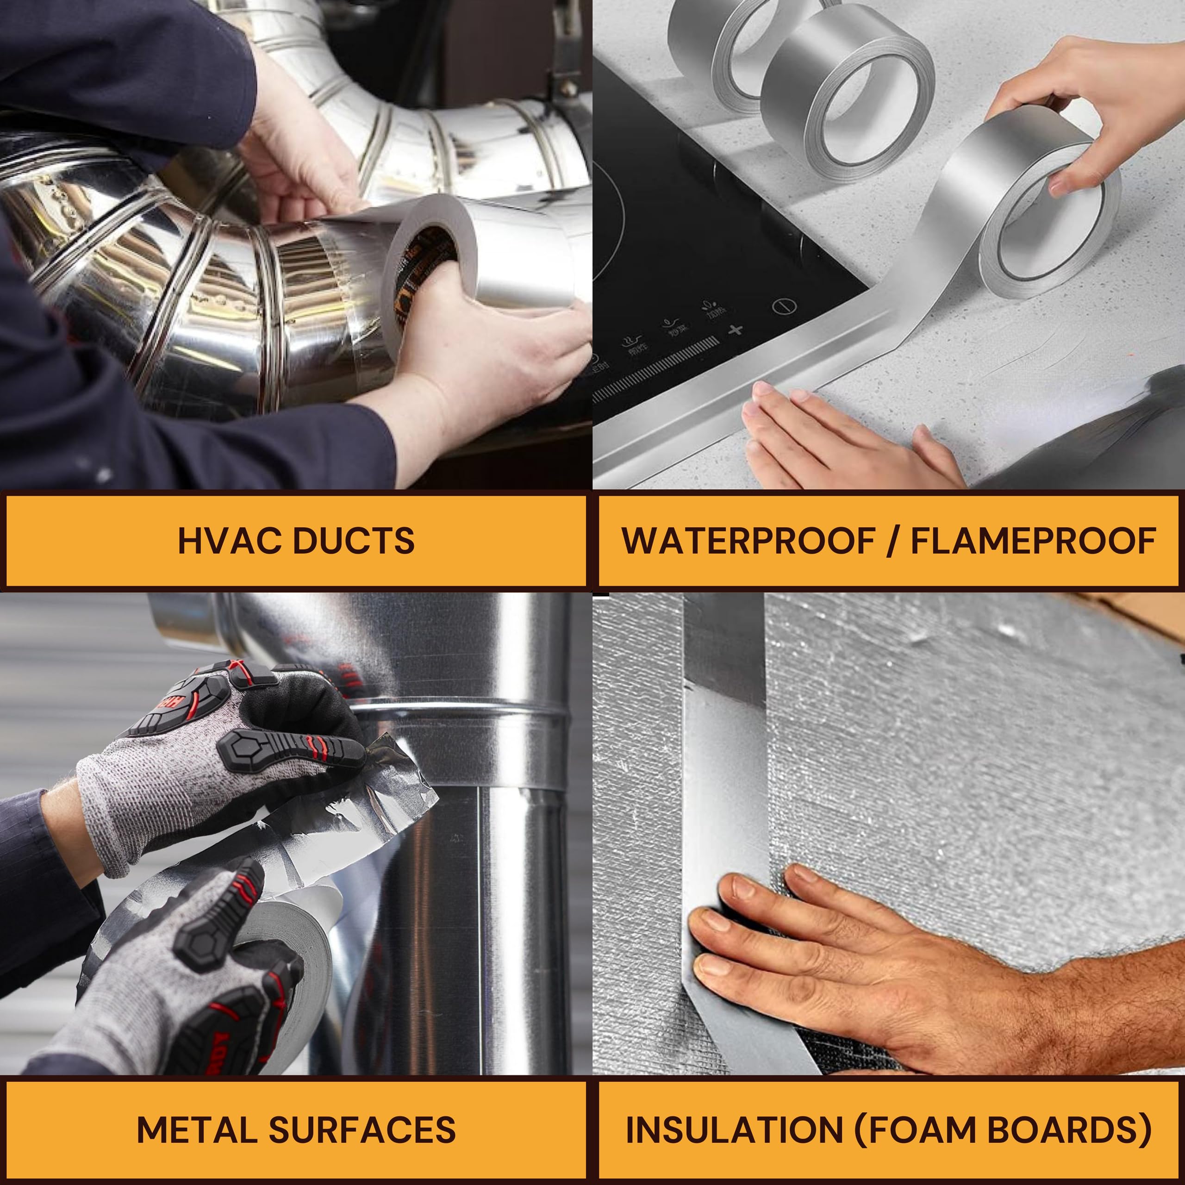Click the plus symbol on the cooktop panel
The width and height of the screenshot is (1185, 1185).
[736, 330]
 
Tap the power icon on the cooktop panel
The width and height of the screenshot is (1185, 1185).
[785, 306]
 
